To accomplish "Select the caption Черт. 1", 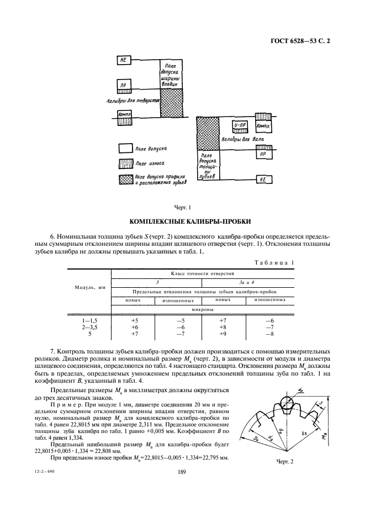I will (182, 208).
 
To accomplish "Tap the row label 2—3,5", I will (89, 328).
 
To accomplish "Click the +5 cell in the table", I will (134, 320).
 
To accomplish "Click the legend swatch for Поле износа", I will (125, 164).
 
